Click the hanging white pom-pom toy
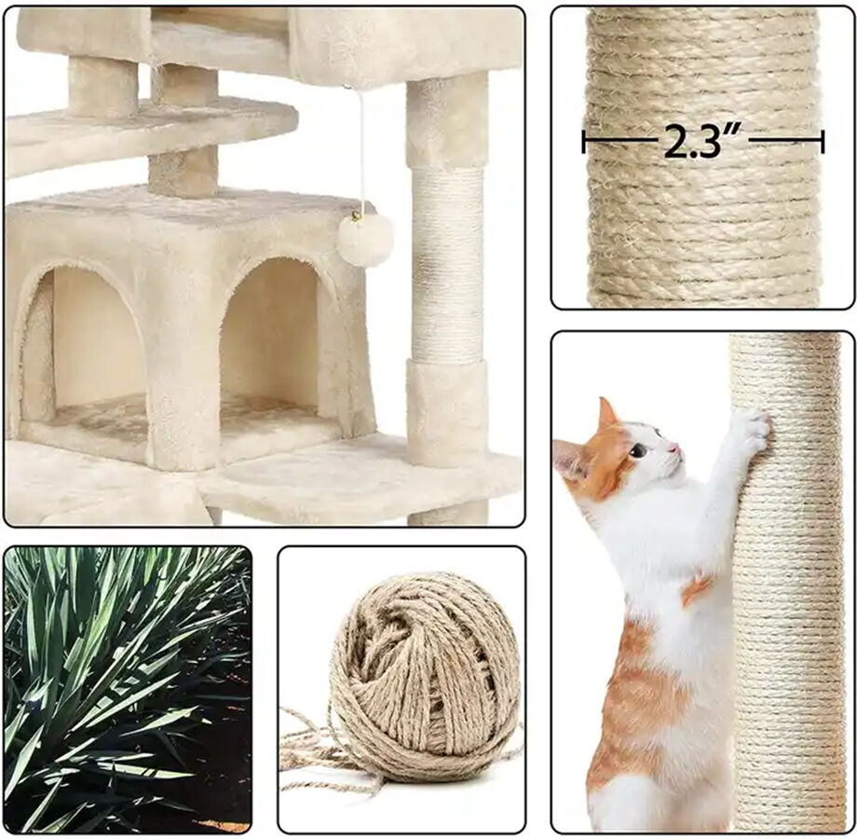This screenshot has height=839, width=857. (x=364, y=240)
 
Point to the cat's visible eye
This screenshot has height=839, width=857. (x=639, y=450)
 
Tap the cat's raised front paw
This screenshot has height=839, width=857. (x=750, y=431)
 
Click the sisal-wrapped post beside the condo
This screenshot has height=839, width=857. (x=447, y=266)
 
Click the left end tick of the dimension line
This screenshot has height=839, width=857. (x=584, y=142)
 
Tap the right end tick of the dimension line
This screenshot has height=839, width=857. (x=822, y=142)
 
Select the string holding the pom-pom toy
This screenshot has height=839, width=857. (x=360, y=149)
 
